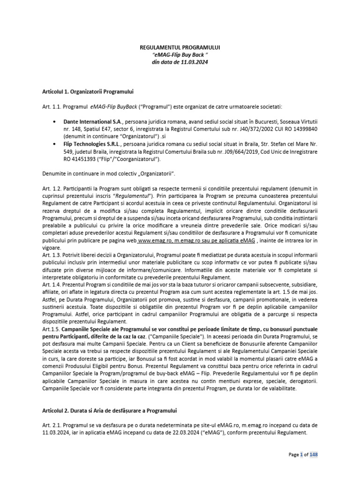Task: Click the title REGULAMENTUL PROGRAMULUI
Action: [x=180, y=47]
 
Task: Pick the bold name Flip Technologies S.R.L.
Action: [x=97, y=145]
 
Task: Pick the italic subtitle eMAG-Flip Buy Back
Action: [x=180, y=55]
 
